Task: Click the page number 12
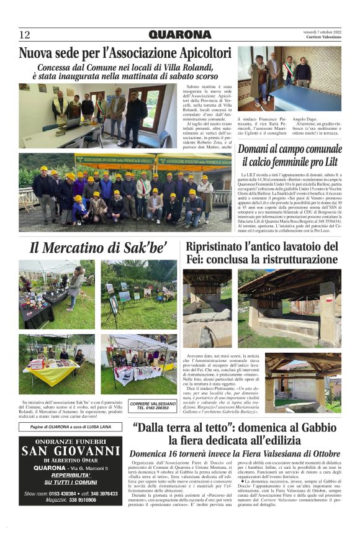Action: coord(25,35)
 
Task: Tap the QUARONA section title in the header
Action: coord(180,35)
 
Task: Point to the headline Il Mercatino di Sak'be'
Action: coord(98,248)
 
